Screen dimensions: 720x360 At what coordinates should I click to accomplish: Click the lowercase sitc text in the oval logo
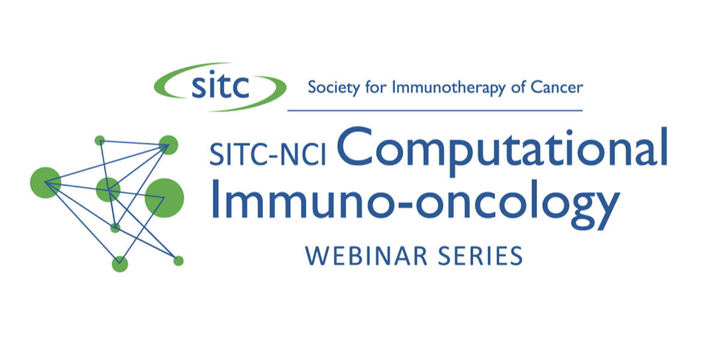coord(220,84)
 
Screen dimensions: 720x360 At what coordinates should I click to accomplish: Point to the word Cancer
coord(557,87)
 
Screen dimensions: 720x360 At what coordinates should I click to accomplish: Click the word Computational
coord(503,151)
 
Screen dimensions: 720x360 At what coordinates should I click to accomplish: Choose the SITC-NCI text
coord(268,155)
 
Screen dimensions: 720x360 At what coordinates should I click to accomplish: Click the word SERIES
coord(481,256)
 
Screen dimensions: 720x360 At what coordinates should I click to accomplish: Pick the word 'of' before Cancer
coord(518,87)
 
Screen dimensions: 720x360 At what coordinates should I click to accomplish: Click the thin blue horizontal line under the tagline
coord(435,110)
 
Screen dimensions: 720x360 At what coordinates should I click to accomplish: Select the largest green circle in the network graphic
coord(164,198)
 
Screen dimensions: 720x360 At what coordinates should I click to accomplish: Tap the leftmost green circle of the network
coord(46,182)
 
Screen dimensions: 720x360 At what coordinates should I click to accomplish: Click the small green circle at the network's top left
coord(100,140)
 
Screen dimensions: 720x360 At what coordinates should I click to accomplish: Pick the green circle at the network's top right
coord(169,145)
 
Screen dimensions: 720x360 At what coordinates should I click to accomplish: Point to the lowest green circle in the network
coord(120,264)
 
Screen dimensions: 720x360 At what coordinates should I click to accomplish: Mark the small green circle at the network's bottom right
coord(178,261)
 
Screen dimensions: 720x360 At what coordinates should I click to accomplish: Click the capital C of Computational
coord(355,146)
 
